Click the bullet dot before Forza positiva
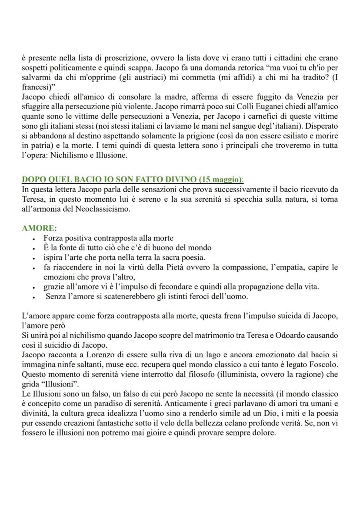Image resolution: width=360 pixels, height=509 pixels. click(34, 239)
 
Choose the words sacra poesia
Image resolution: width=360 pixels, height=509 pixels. click(183, 257)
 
